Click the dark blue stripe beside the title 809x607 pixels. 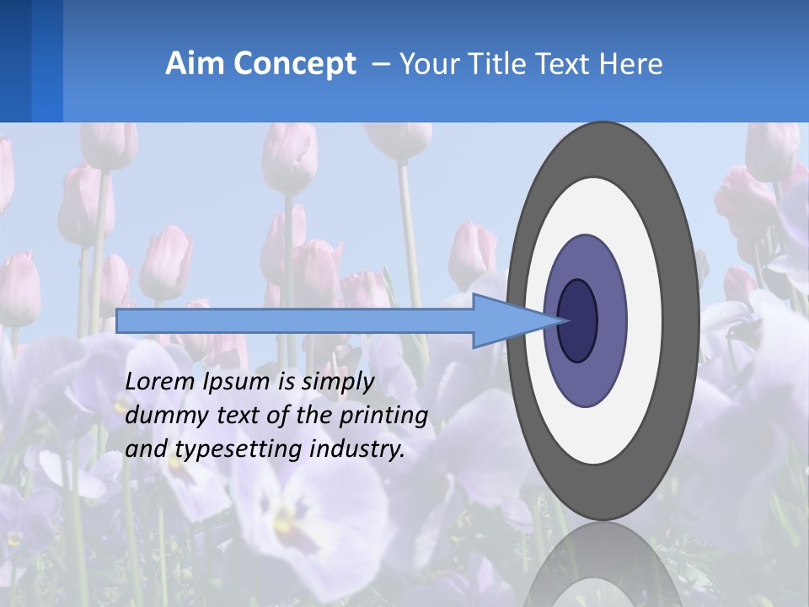(15, 61)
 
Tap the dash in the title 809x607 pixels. (379, 65)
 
